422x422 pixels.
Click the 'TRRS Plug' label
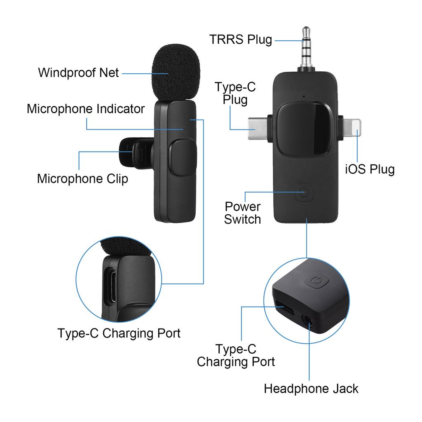tap(241, 40)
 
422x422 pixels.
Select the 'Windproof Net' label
tap(78, 73)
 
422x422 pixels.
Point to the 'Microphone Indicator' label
tap(86, 109)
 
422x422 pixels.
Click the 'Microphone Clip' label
tap(82, 179)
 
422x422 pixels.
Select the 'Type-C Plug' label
tap(235, 94)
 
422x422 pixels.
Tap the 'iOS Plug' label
tap(370, 169)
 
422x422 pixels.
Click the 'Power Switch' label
tap(243, 213)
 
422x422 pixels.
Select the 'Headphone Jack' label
tap(311, 389)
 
